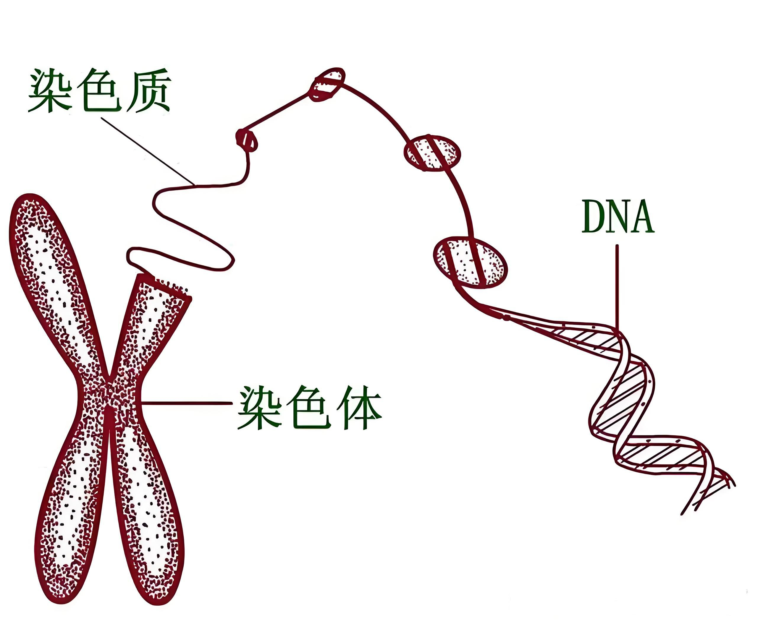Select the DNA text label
(618, 217)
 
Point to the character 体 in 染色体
(359, 408)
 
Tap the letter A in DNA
(641, 217)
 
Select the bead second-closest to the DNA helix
(432, 153)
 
